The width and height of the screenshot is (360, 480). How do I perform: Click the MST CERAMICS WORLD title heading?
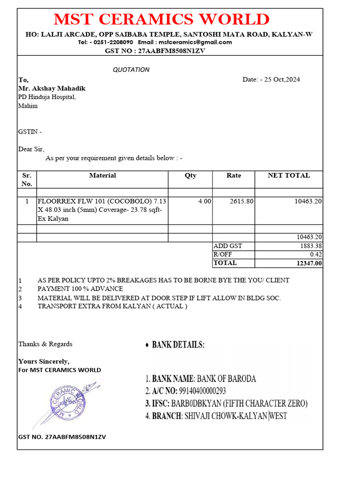coord(161,20)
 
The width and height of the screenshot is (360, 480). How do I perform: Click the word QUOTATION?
coord(131,70)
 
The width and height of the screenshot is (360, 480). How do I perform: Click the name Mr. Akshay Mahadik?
coord(52,88)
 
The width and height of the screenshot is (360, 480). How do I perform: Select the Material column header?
coord(102,175)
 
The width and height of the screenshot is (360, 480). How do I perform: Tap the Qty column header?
coord(190,175)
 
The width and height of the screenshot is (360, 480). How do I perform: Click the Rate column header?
coord(233,175)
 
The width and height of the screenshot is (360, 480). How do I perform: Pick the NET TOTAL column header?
coord(288,175)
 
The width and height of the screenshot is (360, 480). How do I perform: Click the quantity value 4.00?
coord(204,201)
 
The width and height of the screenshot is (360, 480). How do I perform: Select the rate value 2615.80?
coord(242,201)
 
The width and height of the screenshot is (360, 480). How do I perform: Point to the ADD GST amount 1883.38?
coord(311,246)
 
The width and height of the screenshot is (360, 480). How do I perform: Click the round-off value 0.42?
coord(316,255)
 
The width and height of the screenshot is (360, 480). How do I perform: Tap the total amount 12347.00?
coord(309,263)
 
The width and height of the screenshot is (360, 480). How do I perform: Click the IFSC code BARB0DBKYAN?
coord(196,404)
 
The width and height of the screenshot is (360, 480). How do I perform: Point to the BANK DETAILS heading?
coord(178,345)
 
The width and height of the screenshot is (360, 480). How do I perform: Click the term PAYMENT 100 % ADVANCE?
coord(80,289)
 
